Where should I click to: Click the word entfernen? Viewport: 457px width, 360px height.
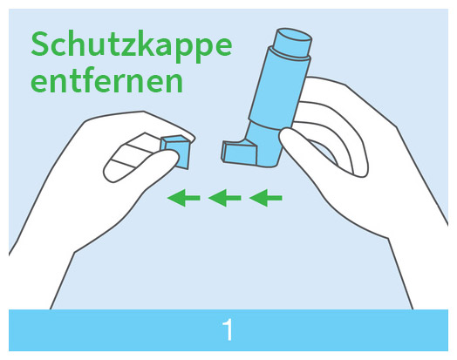[106, 81]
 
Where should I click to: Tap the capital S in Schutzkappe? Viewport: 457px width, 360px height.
[40, 43]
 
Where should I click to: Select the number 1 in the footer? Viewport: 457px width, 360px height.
[228, 330]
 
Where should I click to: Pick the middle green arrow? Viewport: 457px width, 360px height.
[225, 199]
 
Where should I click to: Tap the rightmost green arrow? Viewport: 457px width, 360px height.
[266, 199]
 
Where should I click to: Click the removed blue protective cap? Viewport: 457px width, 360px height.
[175, 152]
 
